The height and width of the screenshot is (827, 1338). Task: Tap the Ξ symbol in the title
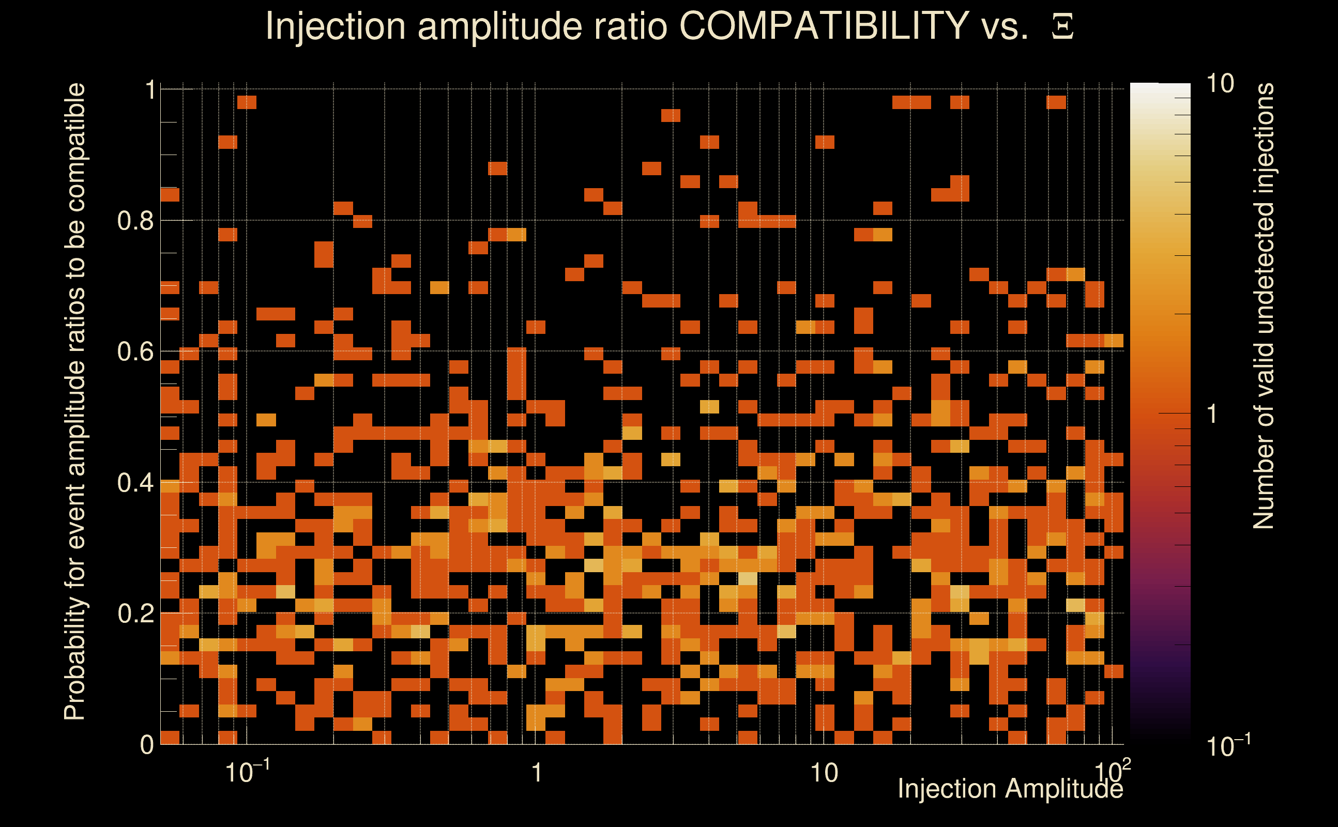1062,27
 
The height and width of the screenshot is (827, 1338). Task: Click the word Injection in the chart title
335,27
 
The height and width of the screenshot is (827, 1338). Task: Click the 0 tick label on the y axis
147,745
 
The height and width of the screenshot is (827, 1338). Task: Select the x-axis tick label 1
537,773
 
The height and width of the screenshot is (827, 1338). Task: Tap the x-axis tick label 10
824,773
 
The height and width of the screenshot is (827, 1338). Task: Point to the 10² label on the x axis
1113,771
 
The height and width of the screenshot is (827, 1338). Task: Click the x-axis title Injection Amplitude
1010,789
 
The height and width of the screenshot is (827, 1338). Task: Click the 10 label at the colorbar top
1220,84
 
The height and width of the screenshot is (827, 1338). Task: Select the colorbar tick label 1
1213,414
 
